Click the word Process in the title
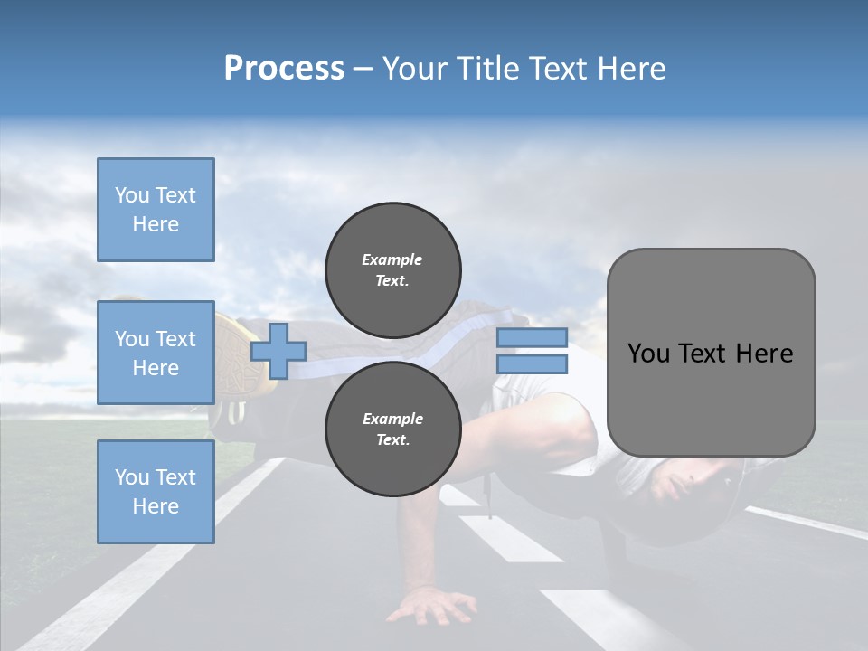click(x=284, y=69)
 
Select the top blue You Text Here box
click(x=156, y=210)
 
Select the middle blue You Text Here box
click(x=156, y=353)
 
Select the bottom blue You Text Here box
click(x=156, y=491)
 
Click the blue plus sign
click(x=278, y=352)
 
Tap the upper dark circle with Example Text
click(x=392, y=270)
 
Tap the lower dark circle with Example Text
click(x=392, y=429)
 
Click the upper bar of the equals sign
click(x=532, y=338)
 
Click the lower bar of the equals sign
click(x=532, y=364)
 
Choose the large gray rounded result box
click(x=711, y=352)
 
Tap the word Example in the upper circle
click(x=392, y=259)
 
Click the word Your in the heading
click(x=412, y=69)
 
